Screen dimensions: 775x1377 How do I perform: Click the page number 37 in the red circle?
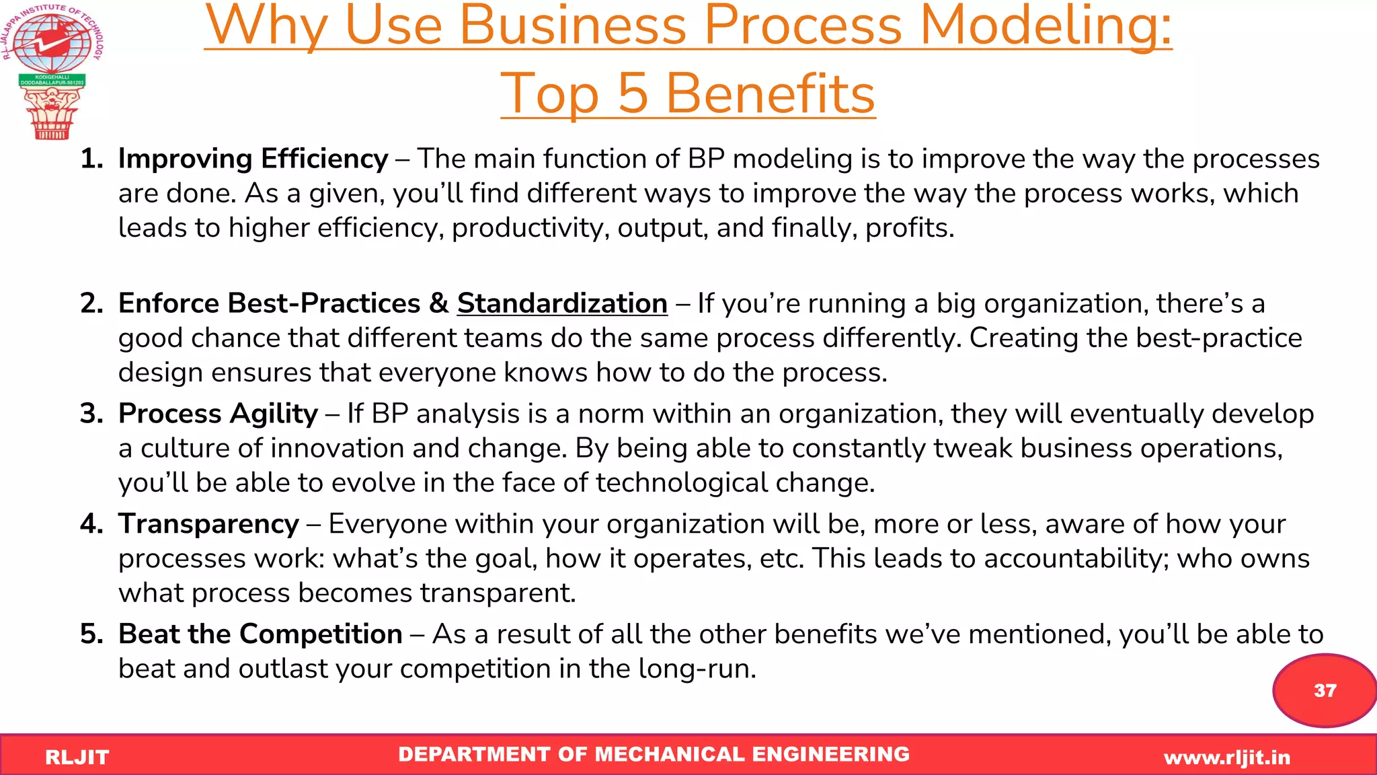click(1325, 690)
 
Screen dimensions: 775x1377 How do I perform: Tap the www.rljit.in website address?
click(1227, 758)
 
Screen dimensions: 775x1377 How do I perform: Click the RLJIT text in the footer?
click(77, 758)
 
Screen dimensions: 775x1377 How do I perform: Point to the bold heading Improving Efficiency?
click(253, 159)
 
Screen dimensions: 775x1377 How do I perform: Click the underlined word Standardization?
click(562, 303)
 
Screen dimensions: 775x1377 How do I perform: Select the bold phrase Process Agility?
click(218, 414)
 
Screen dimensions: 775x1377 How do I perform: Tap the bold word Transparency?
click(208, 524)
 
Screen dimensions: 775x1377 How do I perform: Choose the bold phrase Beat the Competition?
click(260, 634)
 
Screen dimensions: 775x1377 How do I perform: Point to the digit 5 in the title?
click(632, 94)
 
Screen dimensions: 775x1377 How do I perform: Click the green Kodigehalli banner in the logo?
click(52, 80)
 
